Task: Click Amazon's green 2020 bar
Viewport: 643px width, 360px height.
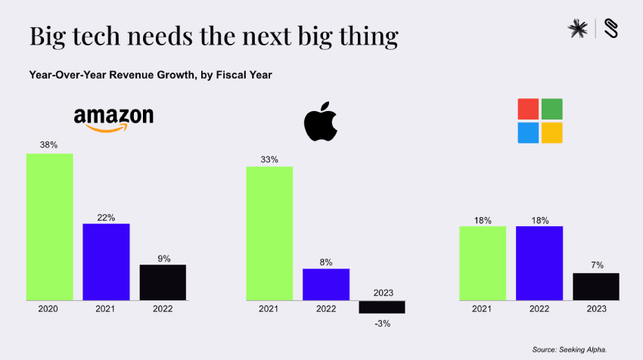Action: (x=49, y=226)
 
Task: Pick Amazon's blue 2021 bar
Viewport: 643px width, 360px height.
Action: (x=106, y=262)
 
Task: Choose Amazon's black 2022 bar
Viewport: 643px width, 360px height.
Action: (x=163, y=282)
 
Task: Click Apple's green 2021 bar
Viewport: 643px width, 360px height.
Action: (x=269, y=233)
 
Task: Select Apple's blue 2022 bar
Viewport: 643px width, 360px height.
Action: (x=326, y=284)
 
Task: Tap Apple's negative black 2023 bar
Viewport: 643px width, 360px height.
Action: (x=382, y=306)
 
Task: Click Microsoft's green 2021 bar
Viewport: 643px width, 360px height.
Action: (x=483, y=263)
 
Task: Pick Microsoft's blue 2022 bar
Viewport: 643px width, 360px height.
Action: (x=539, y=263)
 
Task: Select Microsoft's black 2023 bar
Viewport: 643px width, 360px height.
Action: (x=596, y=287)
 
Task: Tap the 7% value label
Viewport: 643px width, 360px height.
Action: (x=596, y=265)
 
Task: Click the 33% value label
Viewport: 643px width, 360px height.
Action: (x=269, y=160)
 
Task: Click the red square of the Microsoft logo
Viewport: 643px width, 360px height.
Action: (x=528, y=109)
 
